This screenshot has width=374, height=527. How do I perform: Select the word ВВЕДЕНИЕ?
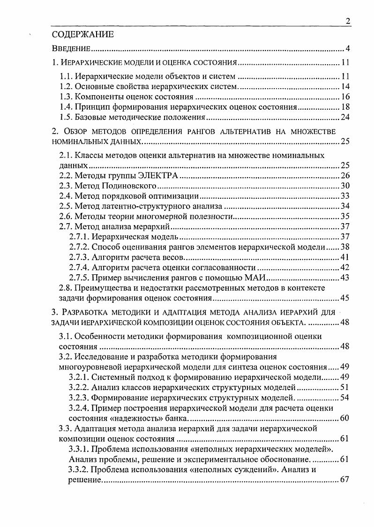click(x=71, y=49)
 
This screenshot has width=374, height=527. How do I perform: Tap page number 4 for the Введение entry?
click(x=348, y=49)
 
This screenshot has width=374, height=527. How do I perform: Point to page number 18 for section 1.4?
click(x=345, y=107)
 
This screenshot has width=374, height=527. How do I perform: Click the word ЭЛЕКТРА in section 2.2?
click(x=158, y=176)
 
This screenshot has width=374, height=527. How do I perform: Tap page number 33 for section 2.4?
click(x=345, y=196)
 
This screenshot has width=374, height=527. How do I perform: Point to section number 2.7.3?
click(x=78, y=257)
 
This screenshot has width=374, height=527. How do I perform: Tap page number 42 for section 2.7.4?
click(x=345, y=267)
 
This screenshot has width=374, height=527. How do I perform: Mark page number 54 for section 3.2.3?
click(x=345, y=398)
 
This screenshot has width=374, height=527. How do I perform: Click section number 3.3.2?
click(x=78, y=469)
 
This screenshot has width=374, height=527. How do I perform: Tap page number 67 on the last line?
click(x=345, y=479)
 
